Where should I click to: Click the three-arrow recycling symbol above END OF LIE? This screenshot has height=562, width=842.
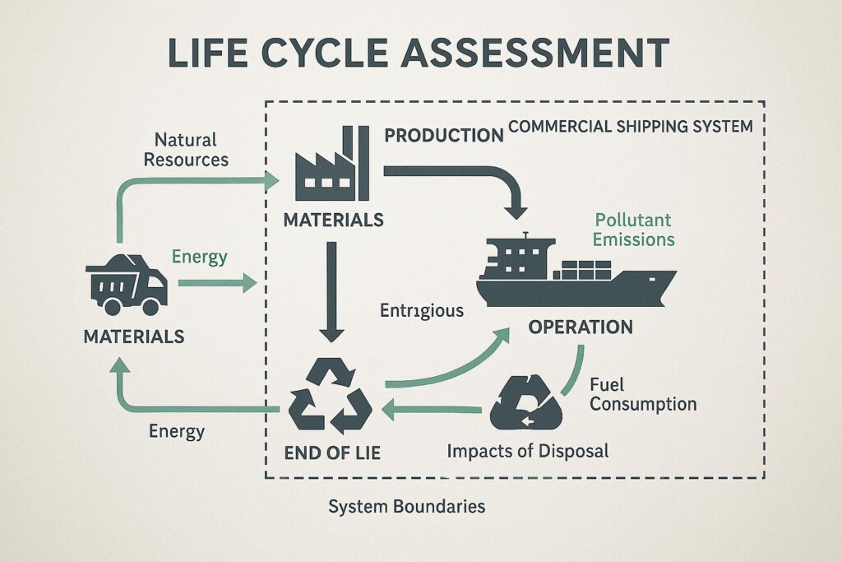331,398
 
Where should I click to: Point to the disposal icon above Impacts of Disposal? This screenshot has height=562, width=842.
525,401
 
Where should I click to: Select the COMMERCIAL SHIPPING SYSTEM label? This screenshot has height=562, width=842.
631,128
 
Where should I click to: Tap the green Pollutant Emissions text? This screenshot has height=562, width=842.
634,230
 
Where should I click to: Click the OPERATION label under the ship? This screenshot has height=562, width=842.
580,327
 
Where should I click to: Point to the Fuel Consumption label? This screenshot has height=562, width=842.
642,394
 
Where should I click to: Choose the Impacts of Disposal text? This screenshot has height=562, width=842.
527,450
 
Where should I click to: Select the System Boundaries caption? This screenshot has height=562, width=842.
406,506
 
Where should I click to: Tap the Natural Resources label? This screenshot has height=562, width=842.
186,148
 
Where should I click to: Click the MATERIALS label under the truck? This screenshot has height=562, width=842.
133,336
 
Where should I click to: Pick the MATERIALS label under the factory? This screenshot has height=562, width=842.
333,220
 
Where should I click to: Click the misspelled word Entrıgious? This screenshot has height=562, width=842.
422,311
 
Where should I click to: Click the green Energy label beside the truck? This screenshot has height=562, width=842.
200,258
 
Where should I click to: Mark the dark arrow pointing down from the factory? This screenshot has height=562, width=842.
331,291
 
